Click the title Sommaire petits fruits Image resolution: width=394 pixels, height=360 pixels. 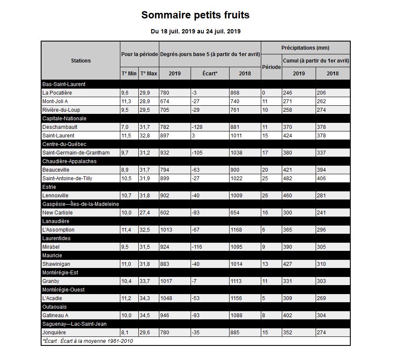tap(195, 15)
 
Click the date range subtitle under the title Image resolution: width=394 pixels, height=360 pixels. tap(195, 31)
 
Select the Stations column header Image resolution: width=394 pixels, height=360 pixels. tap(81, 61)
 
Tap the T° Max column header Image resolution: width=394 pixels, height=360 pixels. tap(149, 74)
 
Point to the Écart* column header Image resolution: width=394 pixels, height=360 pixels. tap(210, 74)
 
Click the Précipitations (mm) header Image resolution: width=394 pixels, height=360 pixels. tap(305, 48)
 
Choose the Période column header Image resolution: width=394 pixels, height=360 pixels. tap(271, 67)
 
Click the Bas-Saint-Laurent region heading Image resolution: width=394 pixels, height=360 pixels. tap(64, 84)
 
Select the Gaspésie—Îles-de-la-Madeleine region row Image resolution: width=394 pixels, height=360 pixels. tap(81, 204)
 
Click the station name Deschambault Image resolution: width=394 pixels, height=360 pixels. tap(60, 127)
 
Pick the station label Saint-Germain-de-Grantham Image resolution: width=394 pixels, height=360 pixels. tap(76, 153)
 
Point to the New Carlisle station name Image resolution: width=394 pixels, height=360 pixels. tap(57, 213)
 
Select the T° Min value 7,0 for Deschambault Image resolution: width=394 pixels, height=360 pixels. tap(125, 127)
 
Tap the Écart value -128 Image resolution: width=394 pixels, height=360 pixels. tap(197, 127)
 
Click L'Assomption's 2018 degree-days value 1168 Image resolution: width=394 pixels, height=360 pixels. tap(236, 230)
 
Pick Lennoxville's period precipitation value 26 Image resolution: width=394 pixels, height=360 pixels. tap(265, 196)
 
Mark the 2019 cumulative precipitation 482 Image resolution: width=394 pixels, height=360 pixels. tap(288, 179)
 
